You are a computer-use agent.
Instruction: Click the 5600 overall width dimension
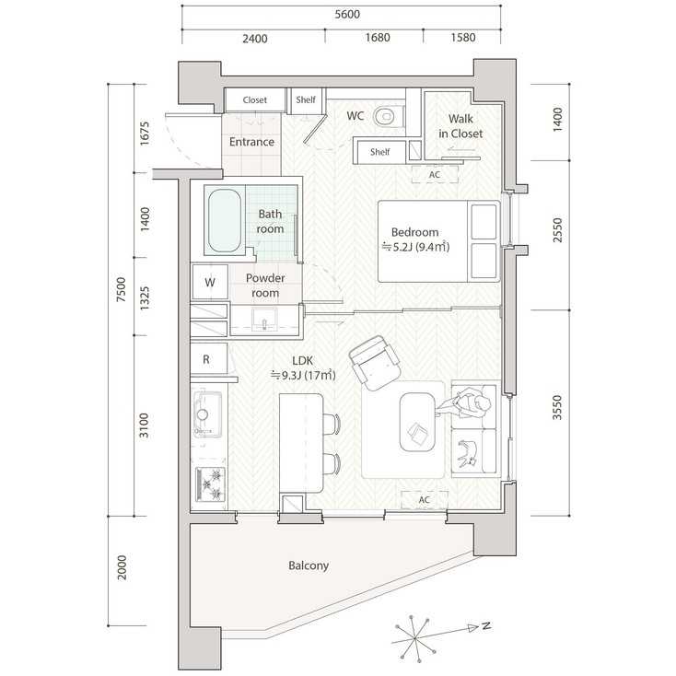[348, 14]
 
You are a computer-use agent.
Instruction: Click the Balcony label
[308, 565]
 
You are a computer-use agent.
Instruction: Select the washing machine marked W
[209, 282]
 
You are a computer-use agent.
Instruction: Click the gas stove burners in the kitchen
[211, 484]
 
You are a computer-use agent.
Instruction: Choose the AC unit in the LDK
[424, 499]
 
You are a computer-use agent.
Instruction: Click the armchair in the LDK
[373, 362]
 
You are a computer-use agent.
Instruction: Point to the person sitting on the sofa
[471, 403]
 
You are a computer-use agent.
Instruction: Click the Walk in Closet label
[460, 126]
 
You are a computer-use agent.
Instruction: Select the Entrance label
[251, 142]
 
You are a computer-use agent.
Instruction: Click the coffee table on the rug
[417, 422]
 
